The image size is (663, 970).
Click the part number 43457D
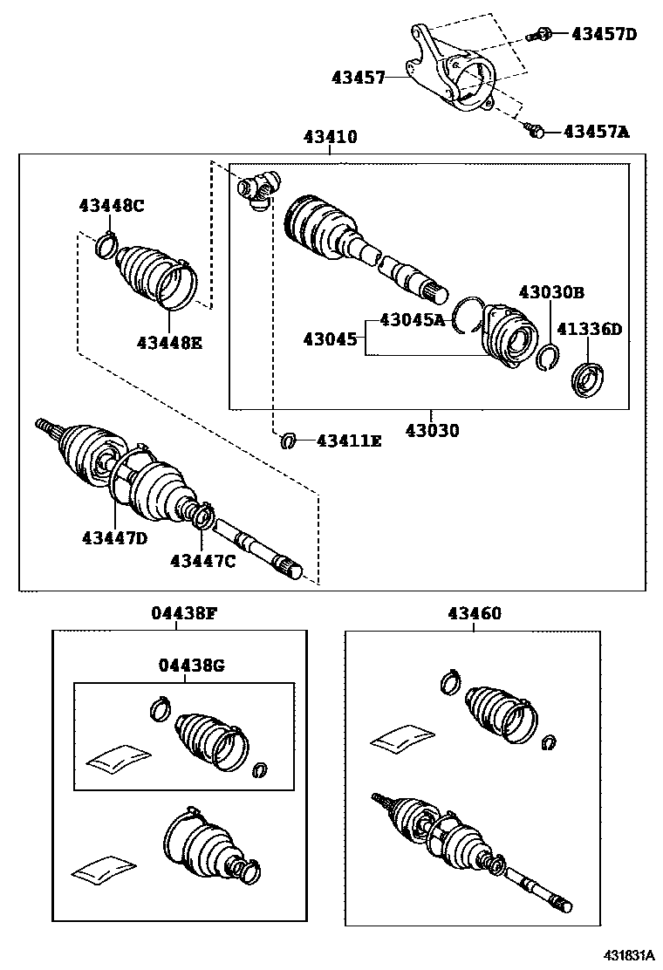(x=605, y=34)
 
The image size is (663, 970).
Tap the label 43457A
(x=597, y=132)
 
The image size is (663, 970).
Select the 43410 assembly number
(x=330, y=137)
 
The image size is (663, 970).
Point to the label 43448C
(x=111, y=206)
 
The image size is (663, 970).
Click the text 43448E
(x=168, y=343)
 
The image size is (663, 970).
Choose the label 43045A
(x=412, y=320)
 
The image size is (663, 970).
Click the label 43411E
(x=349, y=441)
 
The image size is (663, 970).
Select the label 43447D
(x=115, y=538)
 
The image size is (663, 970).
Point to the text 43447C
(x=202, y=561)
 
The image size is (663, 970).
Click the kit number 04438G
(x=192, y=666)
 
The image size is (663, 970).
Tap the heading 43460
(x=475, y=613)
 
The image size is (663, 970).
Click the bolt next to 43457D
(x=540, y=35)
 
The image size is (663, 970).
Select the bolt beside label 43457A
(x=536, y=131)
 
